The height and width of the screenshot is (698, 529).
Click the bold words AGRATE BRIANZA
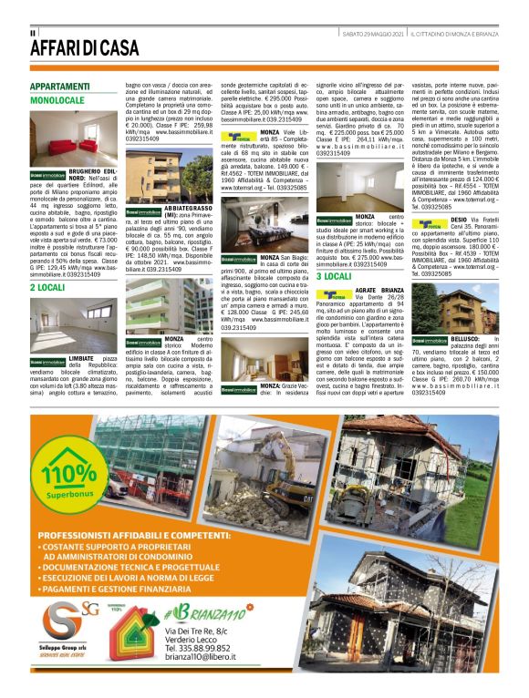(379, 290)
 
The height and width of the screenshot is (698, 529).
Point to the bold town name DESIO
(459, 221)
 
